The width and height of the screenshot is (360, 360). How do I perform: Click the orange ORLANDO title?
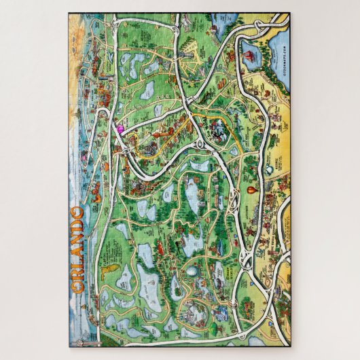(x=77, y=249)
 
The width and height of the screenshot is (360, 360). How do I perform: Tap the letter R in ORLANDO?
(x=77, y=277)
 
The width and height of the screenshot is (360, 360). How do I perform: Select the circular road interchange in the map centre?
(x=201, y=144)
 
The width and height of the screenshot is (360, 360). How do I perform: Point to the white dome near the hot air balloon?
(x=270, y=168)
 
